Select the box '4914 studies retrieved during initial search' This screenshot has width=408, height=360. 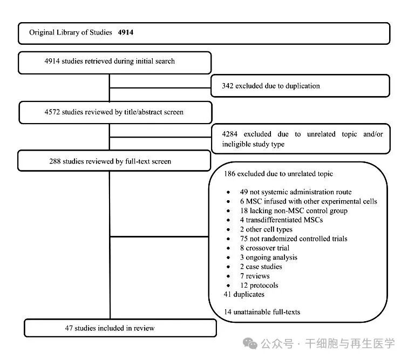pos(115,62)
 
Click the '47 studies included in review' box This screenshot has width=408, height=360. pos(120,328)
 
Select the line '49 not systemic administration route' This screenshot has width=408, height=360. pos(295,192)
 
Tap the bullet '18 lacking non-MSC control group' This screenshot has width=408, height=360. pos(293,210)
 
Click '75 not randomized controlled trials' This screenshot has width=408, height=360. pos(293,239)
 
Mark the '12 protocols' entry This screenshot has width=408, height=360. pos(259,285)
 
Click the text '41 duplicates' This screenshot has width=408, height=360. pos(243,294)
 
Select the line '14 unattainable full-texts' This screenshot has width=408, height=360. pos(262,312)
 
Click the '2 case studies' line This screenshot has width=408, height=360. pos(261,267)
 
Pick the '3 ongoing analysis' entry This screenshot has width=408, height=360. pos(268,257)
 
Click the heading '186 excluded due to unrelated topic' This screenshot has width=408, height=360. pos(278,174)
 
